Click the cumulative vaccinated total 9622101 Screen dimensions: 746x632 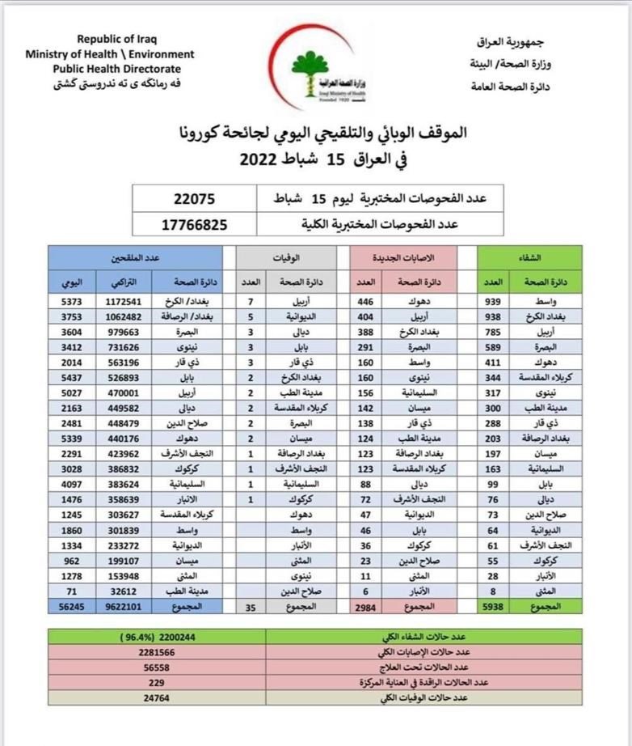(118, 604)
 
